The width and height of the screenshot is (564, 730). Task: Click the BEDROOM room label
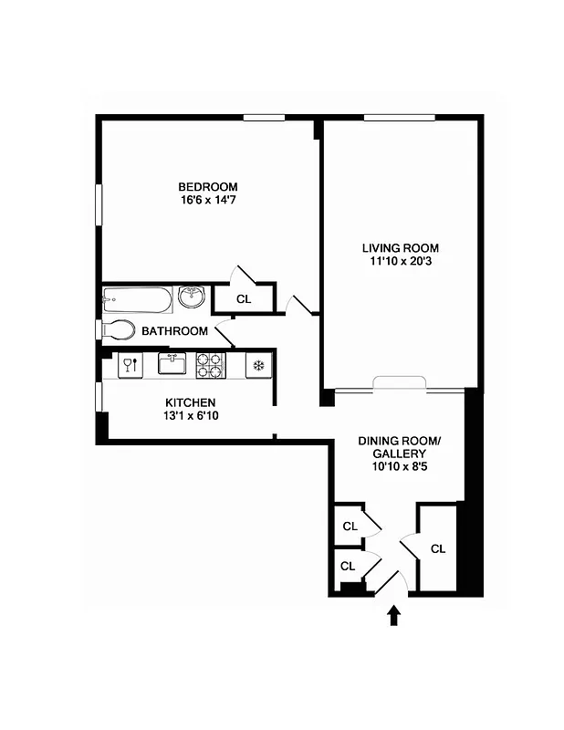pyautogui.click(x=208, y=187)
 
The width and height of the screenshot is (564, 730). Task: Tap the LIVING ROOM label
pyautogui.click(x=400, y=248)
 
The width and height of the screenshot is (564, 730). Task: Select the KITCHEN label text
pyautogui.click(x=190, y=403)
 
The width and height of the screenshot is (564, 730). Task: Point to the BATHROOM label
pyautogui.click(x=174, y=331)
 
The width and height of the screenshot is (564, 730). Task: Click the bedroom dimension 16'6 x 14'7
pyautogui.click(x=208, y=200)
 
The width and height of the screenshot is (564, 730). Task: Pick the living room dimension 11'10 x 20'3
pyautogui.click(x=400, y=262)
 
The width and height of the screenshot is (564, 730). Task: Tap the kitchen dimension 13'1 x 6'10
pyautogui.click(x=190, y=417)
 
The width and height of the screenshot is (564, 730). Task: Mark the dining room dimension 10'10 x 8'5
pyautogui.click(x=399, y=467)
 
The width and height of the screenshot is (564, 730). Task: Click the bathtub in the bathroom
pyautogui.click(x=137, y=298)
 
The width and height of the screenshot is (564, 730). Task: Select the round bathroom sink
pyautogui.click(x=191, y=297)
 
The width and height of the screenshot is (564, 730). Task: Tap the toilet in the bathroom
pyautogui.click(x=119, y=329)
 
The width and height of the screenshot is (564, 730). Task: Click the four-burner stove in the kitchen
pyautogui.click(x=209, y=365)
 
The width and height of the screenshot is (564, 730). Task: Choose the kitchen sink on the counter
pyautogui.click(x=172, y=364)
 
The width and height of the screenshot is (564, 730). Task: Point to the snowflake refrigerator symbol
pyautogui.click(x=258, y=366)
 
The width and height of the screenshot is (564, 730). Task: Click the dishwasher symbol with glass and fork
pyautogui.click(x=130, y=365)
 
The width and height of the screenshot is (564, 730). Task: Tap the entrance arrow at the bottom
pyautogui.click(x=394, y=616)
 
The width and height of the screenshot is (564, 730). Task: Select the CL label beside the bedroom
pyautogui.click(x=243, y=298)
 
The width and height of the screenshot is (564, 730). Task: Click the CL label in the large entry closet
pyautogui.click(x=437, y=548)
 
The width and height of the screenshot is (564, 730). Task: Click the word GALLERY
pyautogui.click(x=399, y=454)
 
